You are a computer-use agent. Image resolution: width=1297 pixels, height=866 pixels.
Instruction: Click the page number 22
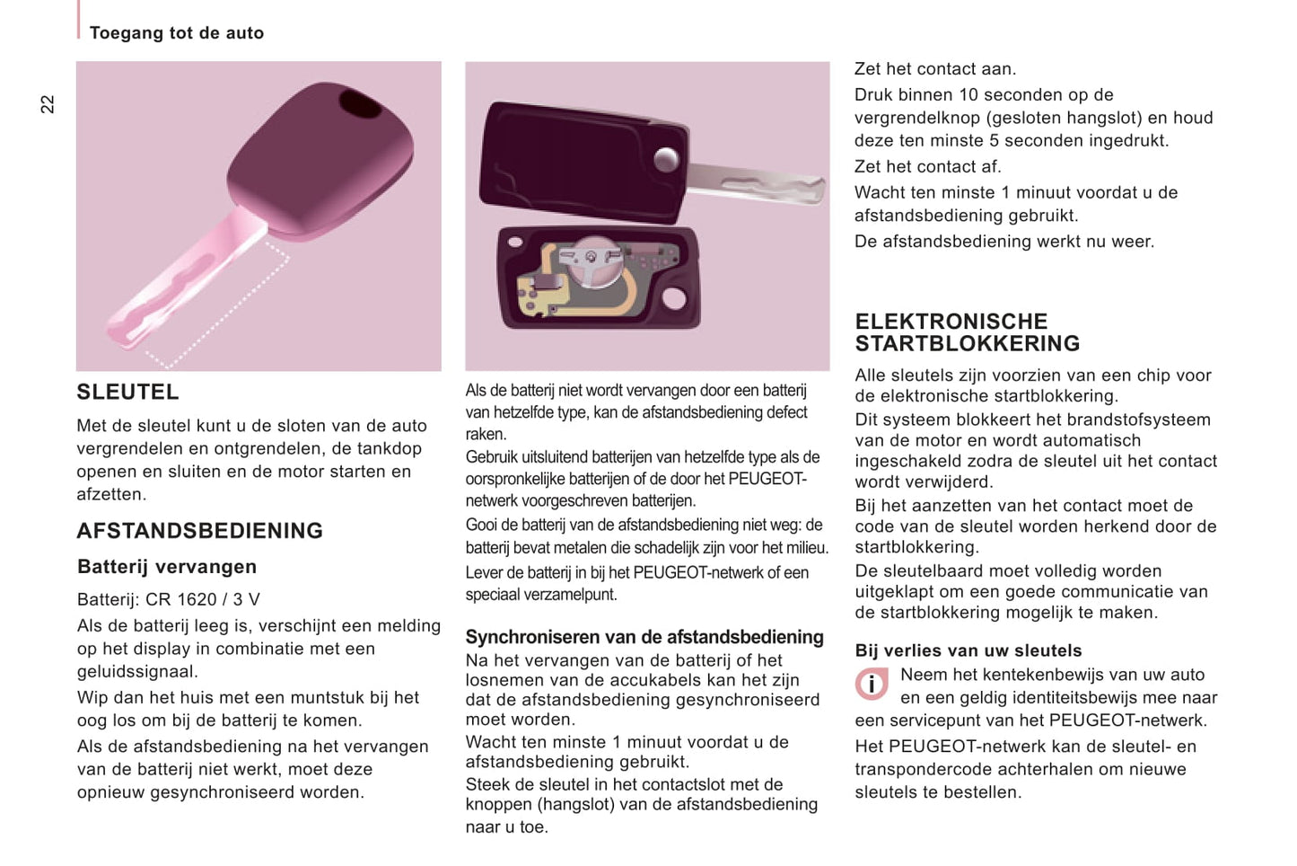pos(48,104)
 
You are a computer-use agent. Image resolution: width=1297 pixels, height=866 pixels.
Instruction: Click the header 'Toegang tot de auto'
pos(177,33)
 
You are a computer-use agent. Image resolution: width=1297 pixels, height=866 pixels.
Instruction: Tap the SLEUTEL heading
pos(127,393)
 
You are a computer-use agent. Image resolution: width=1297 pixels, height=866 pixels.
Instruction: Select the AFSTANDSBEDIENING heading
pos(199,531)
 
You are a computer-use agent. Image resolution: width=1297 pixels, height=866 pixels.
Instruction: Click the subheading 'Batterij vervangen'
pos(167,567)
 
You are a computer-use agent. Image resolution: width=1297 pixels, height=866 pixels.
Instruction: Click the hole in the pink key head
pos(360,104)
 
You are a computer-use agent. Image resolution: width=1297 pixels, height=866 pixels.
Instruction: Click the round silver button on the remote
pos(666,160)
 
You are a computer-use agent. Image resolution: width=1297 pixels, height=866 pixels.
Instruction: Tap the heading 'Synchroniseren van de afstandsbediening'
pos(644,637)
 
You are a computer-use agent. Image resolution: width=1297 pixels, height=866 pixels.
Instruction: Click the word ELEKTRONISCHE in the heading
pos(951,322)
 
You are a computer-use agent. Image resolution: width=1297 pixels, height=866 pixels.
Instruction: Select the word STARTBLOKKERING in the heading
pos(968,344)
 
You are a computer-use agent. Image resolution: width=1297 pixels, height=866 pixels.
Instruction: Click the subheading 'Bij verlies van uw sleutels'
pos(968,650)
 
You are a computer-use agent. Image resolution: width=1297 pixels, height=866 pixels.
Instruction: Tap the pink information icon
pos(871,685)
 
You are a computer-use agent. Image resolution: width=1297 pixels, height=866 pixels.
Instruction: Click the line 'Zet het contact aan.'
pos(935,69)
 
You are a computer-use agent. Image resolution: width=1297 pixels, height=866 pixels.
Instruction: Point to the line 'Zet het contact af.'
pos(928,166)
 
